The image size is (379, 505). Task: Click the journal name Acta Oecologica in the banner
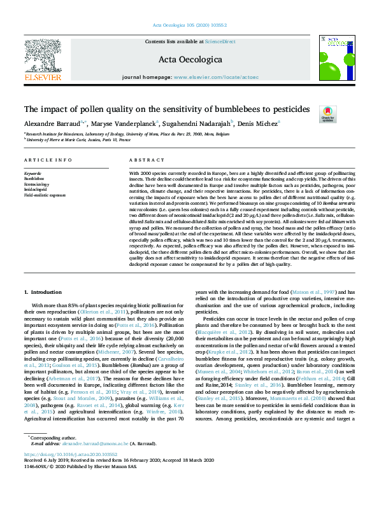pyautogui.click(x=189, y=60)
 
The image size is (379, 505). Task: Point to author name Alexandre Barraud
pyautogui.click(x=56, y=123)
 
